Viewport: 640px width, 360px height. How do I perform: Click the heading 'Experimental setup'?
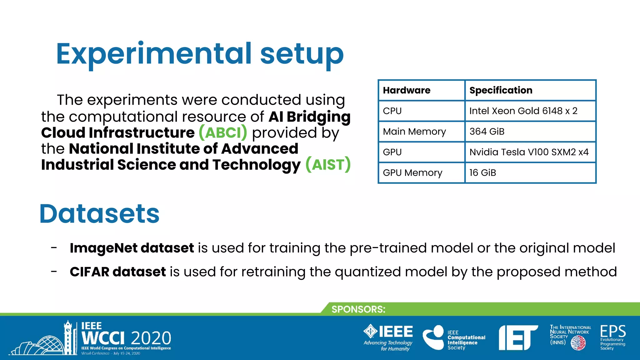(x=200, y=54)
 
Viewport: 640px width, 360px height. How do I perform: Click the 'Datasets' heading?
(x=99, y=214)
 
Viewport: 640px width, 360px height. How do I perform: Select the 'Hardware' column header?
(x=407, y=90)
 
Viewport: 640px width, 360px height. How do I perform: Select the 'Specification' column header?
(x=501, y=90)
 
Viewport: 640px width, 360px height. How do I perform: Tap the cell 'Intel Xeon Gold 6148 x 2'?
(x=523, y=111)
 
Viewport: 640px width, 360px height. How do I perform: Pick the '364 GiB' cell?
(x=487, y=132)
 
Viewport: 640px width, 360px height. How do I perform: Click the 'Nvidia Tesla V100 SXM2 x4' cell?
(x=529, y=152)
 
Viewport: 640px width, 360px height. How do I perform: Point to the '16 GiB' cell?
(x=482, y=173)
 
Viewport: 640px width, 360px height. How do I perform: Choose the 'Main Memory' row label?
(x=414, y=132)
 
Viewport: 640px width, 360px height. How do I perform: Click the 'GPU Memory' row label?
(x=412, y=173)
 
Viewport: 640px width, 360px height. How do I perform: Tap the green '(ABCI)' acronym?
(x=223, y=133)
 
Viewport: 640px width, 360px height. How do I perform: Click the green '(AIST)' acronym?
(x=328, y=165)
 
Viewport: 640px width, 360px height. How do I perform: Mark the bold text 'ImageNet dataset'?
(x=132, y=248)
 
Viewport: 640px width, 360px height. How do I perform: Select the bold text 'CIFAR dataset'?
(x=118, y=272)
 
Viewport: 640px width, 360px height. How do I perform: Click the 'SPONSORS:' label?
(x=358, y=309)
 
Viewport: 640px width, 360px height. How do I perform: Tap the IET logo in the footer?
(x=518, y=337)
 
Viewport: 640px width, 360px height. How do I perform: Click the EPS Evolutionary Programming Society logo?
(x=613, y=337)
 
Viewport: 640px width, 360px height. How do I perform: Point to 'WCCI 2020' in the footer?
(x=126, y=338)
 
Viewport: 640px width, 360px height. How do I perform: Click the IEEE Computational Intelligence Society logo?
(x=454, y=338)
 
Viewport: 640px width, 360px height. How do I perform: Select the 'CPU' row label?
(x=392, y=111)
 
